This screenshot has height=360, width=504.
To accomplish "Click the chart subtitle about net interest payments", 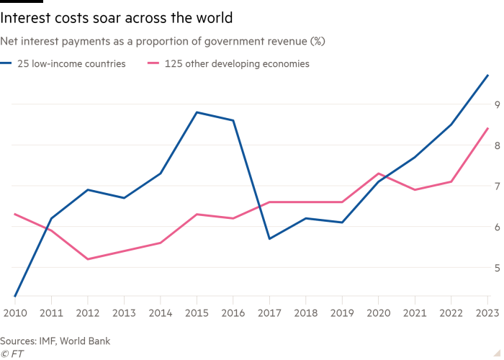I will [165, 42].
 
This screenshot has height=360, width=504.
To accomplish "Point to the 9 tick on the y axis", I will [496, 104].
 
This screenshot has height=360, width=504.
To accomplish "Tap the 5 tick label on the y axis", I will [496, 268].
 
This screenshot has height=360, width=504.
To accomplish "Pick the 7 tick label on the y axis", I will [496, 186].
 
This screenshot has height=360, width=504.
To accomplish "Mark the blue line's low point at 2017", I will [268, 239].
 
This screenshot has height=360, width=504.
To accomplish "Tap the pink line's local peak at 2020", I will [379, 174].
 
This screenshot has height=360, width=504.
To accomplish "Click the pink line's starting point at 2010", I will [14, 214].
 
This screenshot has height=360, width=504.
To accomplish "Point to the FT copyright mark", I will [10, 353].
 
